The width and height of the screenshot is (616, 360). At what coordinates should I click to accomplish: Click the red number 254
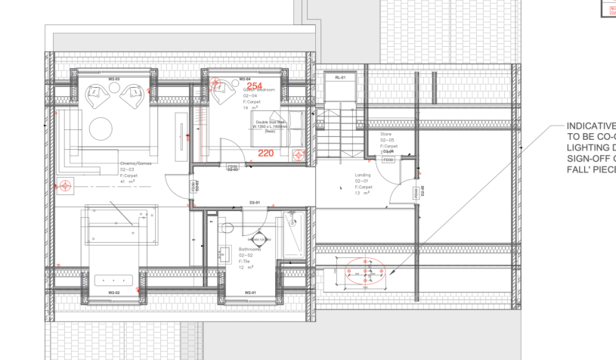coord(255,86)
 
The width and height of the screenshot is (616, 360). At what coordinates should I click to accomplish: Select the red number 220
coord(265,153)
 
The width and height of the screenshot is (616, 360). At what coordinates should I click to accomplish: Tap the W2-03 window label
coord(114,78)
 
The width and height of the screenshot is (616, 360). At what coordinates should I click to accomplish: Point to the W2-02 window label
coord(114,292)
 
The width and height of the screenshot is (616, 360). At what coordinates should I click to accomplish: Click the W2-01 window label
coord(250,292)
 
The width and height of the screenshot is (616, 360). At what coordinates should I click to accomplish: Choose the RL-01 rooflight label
coord(339,78)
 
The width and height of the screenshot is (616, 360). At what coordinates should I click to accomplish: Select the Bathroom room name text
coord(249,249)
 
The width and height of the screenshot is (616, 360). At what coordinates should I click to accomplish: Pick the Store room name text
coord(385,135)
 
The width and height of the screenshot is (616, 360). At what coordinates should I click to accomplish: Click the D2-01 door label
coord(254,203)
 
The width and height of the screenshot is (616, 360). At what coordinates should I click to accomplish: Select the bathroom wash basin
coord(259,237)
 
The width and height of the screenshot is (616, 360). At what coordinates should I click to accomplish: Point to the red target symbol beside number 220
coord(299,158)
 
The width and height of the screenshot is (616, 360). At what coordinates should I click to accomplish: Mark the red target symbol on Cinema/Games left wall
coord(66,185)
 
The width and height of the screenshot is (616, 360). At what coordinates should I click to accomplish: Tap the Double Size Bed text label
coord(271,121)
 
